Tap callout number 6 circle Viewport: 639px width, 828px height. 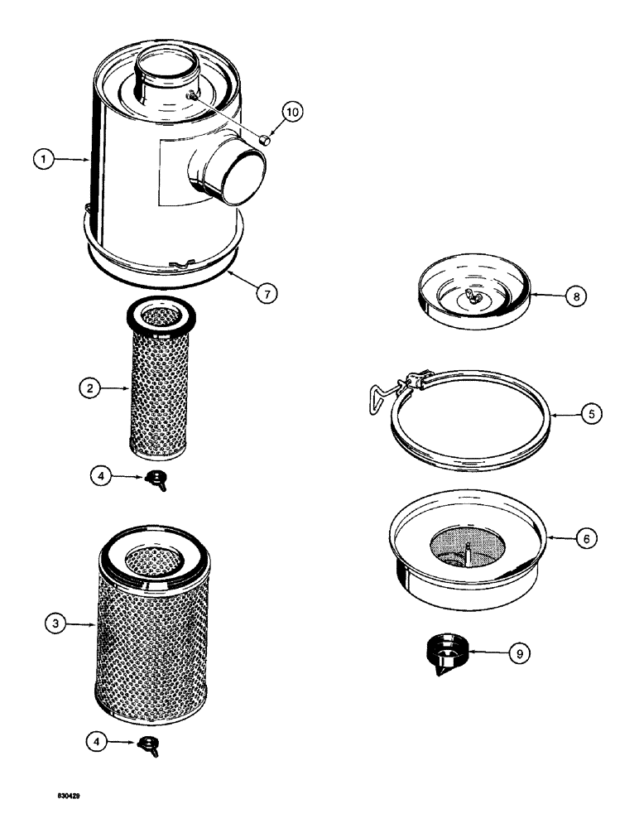click(585, 537)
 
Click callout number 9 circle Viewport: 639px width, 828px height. click(519, 653)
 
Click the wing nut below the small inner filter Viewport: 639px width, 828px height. click(155, 478)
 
